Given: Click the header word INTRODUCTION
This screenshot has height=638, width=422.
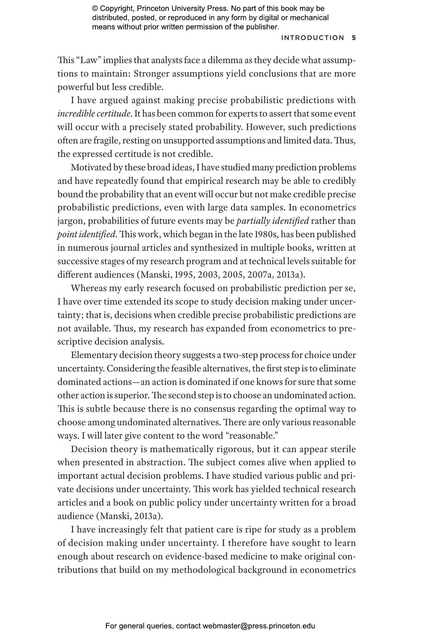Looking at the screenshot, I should point(312,38).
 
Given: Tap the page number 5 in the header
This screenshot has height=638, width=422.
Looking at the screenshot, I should point(354,38).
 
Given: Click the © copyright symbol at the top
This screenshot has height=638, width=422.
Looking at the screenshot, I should point(95,9).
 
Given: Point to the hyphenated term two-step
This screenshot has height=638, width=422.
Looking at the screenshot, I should point(240,355).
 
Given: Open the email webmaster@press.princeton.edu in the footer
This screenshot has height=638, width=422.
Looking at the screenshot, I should point(259,626).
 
